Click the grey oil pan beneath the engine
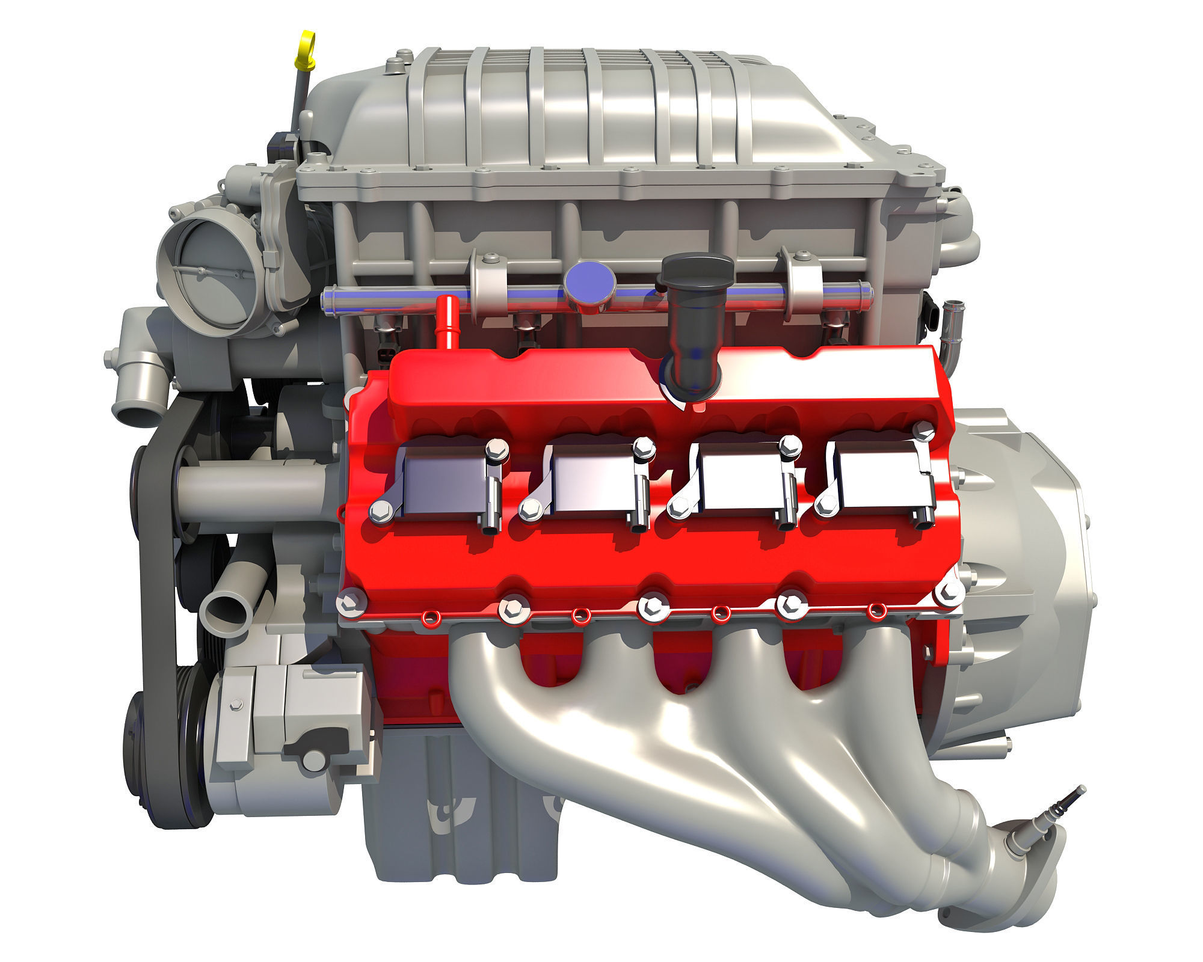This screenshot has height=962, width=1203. coord(457,836)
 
